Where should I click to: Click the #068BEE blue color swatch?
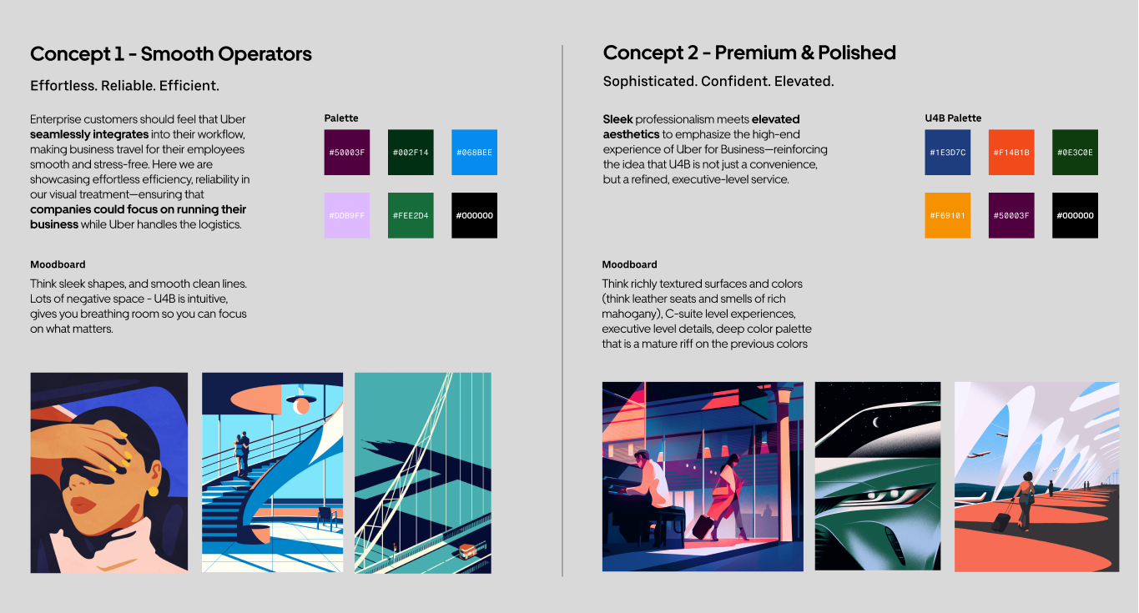(474, 152)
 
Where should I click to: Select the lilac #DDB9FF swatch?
(347, 215)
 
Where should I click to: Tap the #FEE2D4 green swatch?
(411, 215)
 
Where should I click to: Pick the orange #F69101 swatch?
(947, 215)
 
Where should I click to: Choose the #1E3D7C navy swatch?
(947, 152)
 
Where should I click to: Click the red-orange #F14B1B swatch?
(1010, 152)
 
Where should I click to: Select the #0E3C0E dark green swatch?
(1075, 152)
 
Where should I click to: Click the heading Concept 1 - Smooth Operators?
(171, 54)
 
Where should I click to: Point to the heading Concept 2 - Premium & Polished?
(749, 53)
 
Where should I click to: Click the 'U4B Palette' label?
(953, 118)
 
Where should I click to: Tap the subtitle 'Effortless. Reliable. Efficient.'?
(124, 85)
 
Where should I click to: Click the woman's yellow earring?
(153, 491)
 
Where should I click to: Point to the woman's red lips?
(83, 505)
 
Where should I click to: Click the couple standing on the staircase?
(241, 452)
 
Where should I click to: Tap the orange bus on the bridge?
(467, 550)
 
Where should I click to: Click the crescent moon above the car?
(876, 422)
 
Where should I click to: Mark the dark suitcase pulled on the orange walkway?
(1001, 520)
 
